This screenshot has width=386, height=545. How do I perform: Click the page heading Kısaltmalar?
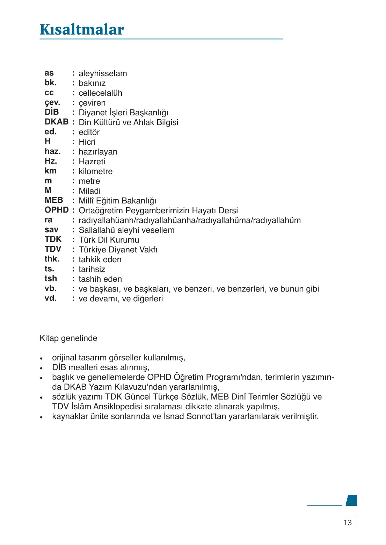pos(82,30)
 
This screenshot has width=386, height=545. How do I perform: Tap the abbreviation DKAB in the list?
pos(56,122)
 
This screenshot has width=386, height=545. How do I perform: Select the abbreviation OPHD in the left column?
pos(56,210)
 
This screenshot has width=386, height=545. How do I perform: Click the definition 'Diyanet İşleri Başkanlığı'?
pos(123,113)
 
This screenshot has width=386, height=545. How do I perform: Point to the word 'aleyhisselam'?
pos(103,73)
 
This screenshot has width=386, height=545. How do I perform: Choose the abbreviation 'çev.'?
pos(52,102)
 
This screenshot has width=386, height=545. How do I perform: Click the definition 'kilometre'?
pos(95,171)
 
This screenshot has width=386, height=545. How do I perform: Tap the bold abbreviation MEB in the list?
pos(54,200)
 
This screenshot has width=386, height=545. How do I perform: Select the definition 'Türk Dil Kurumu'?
pos(109,240)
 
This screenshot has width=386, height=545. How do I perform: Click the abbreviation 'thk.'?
pos(52,259)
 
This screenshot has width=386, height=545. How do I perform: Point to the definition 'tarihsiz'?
pos(92,269)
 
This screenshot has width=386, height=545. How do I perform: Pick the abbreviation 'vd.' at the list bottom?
pos(50,298)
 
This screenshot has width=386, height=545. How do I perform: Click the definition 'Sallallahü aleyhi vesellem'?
pos(126,230)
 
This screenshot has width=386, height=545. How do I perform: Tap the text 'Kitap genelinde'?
pos(68,338)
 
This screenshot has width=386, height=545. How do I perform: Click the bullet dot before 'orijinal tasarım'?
pos(42,359)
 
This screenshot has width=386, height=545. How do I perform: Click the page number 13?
pos(347,523)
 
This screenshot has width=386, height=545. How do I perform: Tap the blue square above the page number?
pos(352,500)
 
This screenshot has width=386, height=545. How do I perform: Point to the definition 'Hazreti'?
pos(92,162)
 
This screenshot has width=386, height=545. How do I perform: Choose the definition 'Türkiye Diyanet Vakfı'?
pos(118,250)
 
